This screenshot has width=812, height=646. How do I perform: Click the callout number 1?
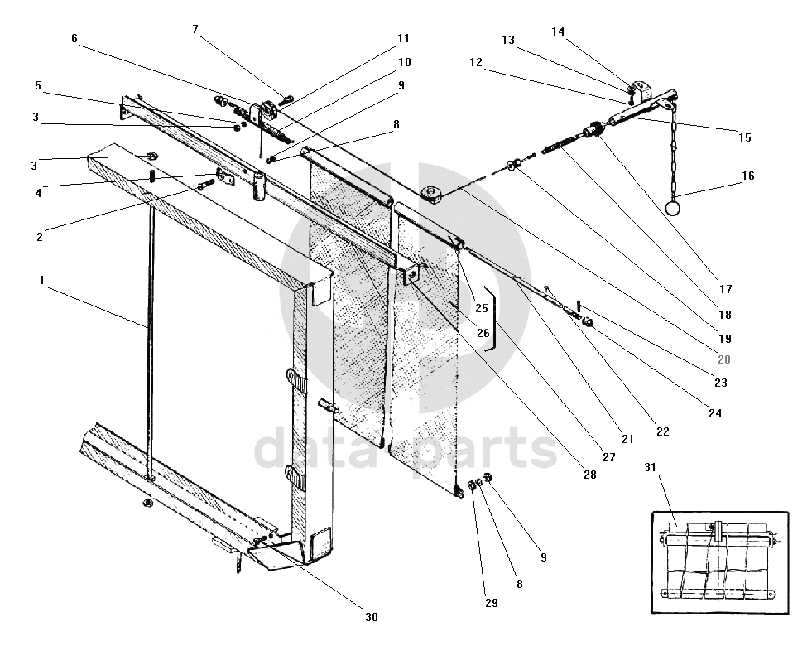[41, 281]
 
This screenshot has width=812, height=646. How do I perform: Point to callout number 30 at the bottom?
[371, 616]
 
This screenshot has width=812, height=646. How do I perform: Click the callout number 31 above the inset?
[651, 468]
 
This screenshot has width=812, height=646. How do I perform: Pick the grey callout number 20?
[724, 359]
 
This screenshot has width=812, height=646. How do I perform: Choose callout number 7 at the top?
[195, 29]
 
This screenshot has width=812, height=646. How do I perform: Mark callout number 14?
[558, 31]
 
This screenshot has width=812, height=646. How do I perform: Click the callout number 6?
[74, 38]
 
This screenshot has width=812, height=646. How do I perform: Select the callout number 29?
[491, 603]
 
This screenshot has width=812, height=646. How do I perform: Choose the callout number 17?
[726, 290]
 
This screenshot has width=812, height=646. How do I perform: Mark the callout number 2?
[39, 236]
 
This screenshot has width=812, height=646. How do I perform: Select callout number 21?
[627, 439]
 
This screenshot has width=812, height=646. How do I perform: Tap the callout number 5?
[38, 85]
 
